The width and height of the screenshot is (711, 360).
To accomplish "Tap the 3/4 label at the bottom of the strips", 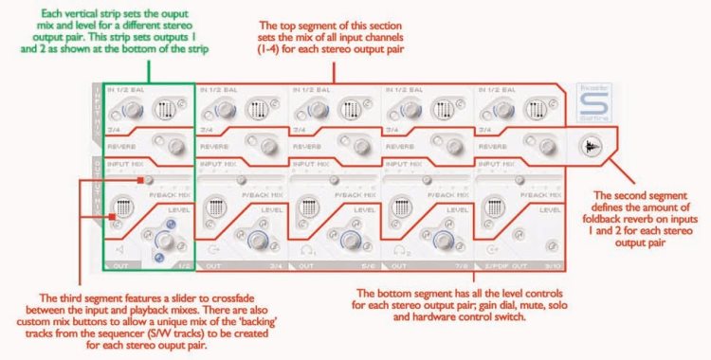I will tap(276, 266).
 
